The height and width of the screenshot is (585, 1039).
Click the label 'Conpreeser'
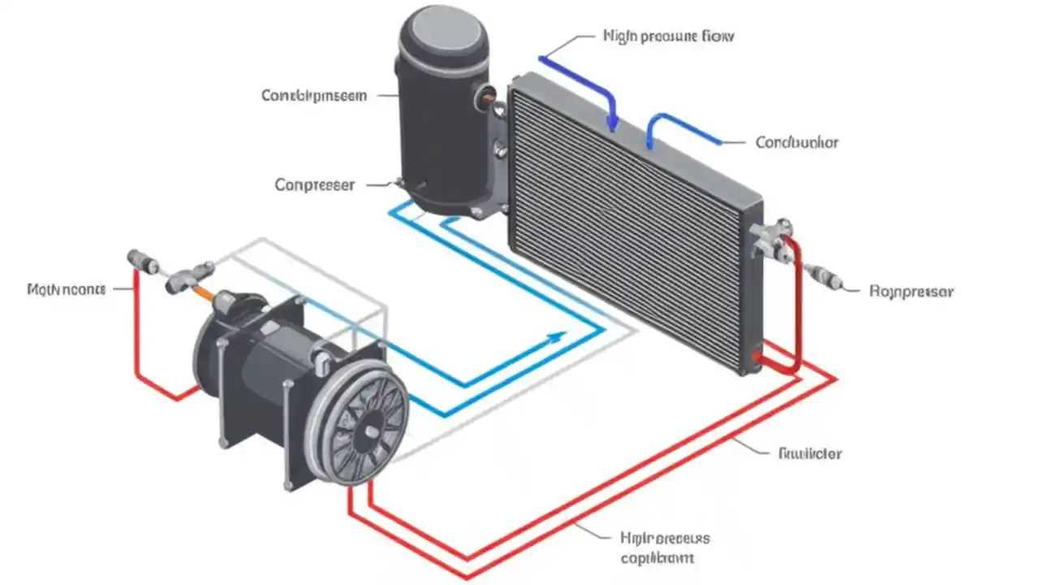[x=315, y=185]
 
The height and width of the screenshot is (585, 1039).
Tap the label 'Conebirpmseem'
[x=314, y=96]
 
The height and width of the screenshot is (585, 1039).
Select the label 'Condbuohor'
[x=796, y=142]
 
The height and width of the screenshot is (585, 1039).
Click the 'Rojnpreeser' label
[x=911, y=291]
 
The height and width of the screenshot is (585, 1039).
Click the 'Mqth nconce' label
[x=66, y=288]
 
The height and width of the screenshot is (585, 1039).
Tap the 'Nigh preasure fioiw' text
[x=669, y=37]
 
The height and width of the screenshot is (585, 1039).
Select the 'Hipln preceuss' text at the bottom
[x=665, y=539]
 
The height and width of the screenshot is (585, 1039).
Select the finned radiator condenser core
[x=625, y=227]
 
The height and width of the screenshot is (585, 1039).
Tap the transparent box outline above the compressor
[x=325, y=276]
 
